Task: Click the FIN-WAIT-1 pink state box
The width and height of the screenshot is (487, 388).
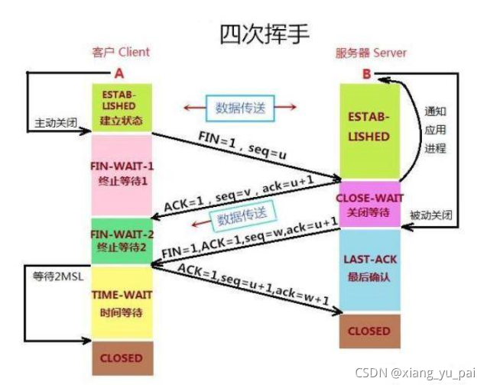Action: (122, 175)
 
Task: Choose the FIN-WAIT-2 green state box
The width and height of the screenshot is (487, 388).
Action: (122, 241)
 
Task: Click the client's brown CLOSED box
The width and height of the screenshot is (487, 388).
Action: (122, 357)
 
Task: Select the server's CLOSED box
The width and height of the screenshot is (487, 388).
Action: (369, 331)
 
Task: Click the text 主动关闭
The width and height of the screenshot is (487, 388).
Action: (56, 122)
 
